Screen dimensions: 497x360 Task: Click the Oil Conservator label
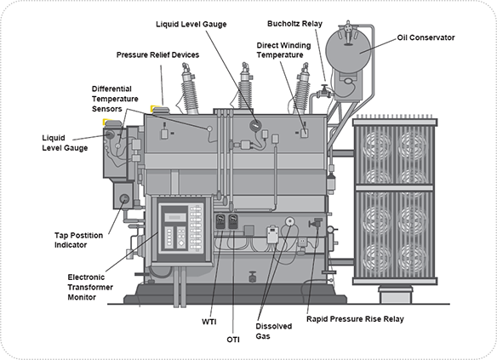(x=426, y=37)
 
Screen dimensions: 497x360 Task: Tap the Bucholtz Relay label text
(x=294, y=24)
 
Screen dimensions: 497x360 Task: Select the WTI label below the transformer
(x=209, y=322)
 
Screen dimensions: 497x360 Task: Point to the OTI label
(x=233, y=340)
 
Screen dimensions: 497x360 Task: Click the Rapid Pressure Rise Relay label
(x=355, y=319)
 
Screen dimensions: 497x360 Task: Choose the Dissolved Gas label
(x=273, y=331)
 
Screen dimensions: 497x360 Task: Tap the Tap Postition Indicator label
(x=78, y=240)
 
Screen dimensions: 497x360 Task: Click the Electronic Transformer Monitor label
(x=90, y=287)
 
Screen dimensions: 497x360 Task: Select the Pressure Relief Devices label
(x=157, y=54)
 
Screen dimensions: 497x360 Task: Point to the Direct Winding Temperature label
(x=283, y=50)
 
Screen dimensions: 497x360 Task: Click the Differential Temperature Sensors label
(x=115, y=99)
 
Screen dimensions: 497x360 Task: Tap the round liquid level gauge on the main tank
(x=254, y=125)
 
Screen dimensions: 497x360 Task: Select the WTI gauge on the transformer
(x=220, y=221)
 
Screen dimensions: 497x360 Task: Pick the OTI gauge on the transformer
(x=233, y=221)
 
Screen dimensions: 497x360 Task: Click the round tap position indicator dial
(x=124, y=199)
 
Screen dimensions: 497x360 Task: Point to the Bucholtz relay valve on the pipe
(x=324, y=91)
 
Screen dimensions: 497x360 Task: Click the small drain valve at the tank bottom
(x=252, y=277)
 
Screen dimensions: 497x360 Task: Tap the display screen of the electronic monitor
(x=175, y=217)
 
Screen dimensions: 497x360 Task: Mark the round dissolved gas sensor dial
(x=289, y=221)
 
